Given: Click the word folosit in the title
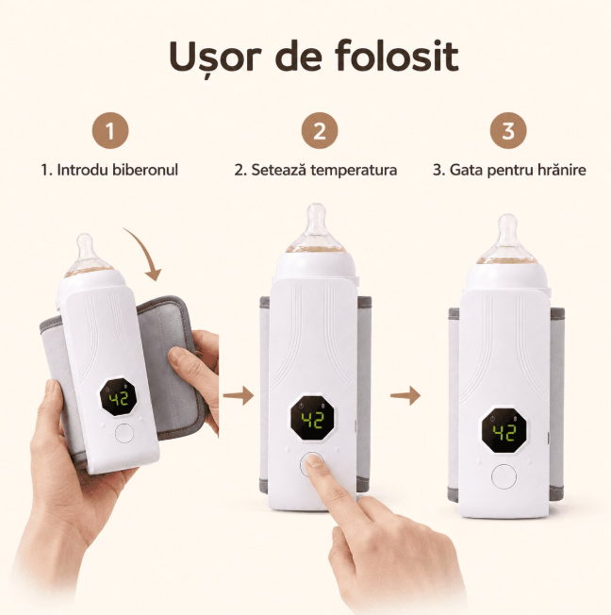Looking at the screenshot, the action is (397, 56).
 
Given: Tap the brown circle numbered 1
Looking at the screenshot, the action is (110, 130).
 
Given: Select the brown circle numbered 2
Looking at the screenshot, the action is (320, 130).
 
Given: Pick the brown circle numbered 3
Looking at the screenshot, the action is (508, 130).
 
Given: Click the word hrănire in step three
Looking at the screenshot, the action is (562, 170).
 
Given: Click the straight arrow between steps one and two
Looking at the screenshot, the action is (239, 395).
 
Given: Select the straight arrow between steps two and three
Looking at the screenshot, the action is (405, 395).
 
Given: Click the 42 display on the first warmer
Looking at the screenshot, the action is (118, 398).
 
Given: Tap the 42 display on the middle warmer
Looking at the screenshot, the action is (312, 420).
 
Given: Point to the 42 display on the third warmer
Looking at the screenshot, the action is (504, 431).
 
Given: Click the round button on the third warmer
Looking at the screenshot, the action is (504, 476).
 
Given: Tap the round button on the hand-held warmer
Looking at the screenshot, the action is (124, 434).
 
